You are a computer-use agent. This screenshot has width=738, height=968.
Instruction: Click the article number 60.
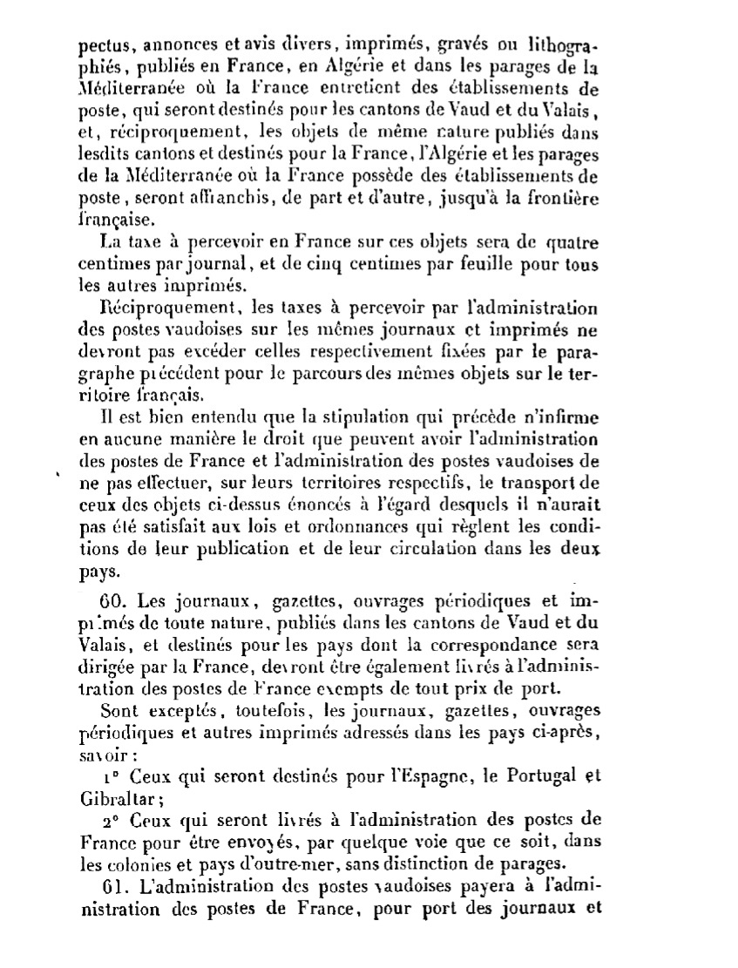tap(114, 601)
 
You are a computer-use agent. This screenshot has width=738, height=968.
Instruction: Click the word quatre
tap(571, 241)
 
